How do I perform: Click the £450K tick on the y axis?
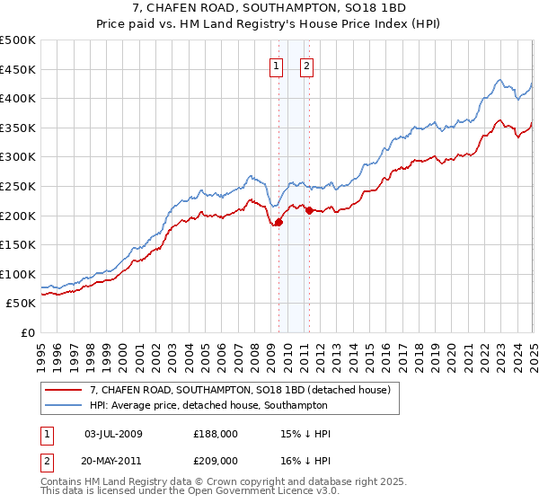coord(19,69)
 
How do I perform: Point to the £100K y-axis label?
coord(19,274)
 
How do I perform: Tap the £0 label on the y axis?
coord(28,332)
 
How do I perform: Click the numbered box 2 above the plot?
coord(306,65)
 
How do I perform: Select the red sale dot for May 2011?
coord(309,210)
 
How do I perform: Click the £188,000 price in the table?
coord(216,434)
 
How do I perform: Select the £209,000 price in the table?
coord(216,460)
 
